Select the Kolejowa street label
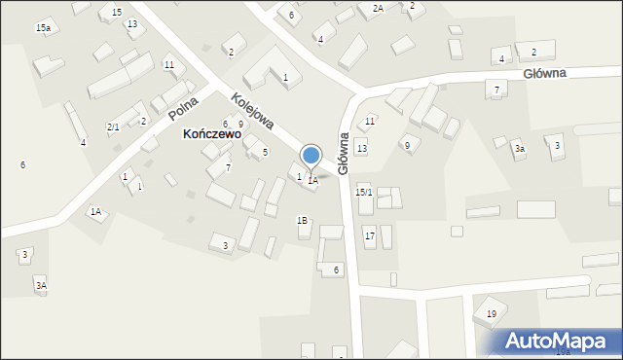tap(252, 112)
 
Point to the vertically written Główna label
tap(343, 154)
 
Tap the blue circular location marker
tap(311, 155)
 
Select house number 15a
tap(43, 29)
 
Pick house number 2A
tap(378, 8)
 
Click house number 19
tap(492, 313)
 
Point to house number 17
tap(370, 236)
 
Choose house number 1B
tap(303, 221)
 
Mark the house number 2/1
tap(113, 127)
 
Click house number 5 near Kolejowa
tap(265, 153)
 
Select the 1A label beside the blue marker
tap(312, 180)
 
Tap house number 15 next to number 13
tap(117, 12)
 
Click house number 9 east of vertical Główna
tap(407, 145)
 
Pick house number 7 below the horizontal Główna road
tap(496, 90)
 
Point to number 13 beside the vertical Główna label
tap(362, 148)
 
